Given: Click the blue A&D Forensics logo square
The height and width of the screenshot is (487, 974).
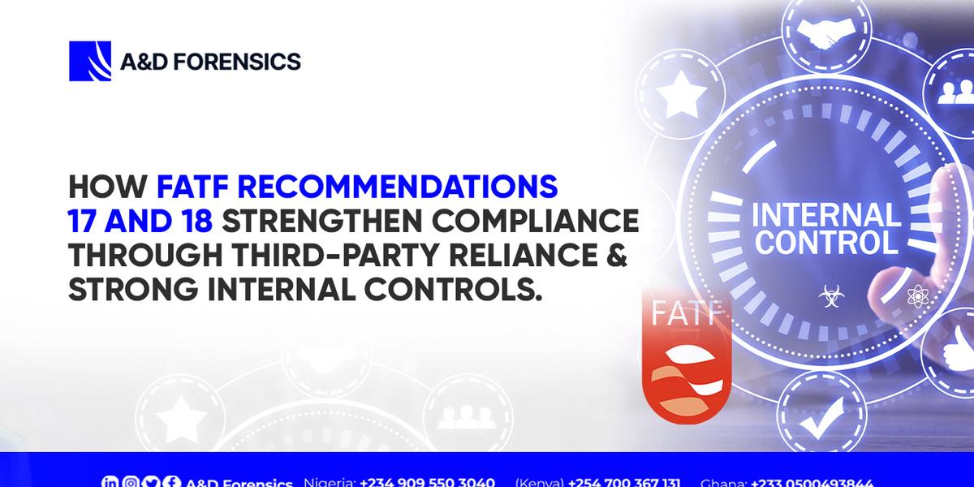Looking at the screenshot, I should pos(89,61).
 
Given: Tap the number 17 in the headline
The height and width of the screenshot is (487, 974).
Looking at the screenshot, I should pos(87,222).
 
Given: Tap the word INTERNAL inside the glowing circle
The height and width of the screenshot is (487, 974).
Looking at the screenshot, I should pos(826,216).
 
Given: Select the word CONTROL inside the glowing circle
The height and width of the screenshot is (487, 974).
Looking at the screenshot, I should pos(826,242).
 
